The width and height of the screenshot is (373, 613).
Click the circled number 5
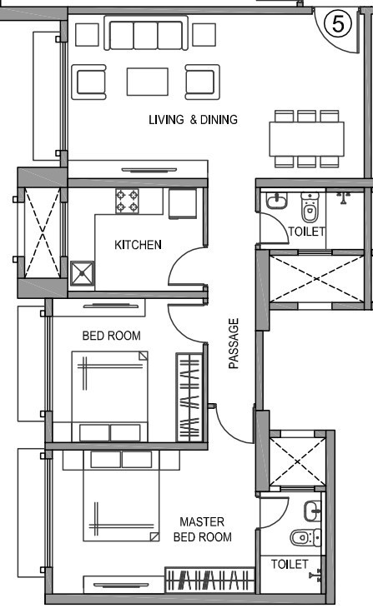338,24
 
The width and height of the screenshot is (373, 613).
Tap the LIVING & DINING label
193,120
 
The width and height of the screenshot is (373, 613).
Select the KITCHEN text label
138,245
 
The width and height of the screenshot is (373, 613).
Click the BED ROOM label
111,336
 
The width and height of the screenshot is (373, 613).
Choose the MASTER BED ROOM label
201,530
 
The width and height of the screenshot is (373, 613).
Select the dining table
306,138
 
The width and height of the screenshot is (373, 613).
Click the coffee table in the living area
148,82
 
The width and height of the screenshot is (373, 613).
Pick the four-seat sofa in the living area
147,35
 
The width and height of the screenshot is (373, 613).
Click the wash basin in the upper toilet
275,202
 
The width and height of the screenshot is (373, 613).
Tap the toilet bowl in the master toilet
302,537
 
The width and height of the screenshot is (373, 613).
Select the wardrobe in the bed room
189,396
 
